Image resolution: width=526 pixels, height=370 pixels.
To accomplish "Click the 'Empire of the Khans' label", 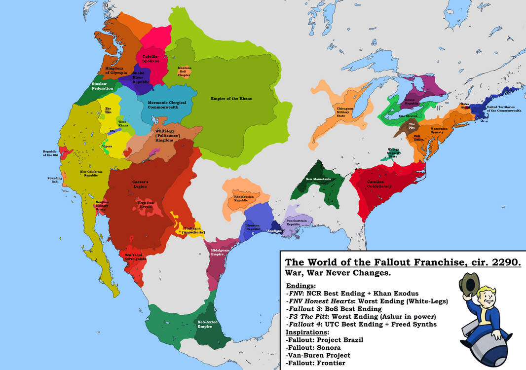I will pos(231,99).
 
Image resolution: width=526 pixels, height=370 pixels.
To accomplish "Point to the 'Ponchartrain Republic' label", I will pos(297,222).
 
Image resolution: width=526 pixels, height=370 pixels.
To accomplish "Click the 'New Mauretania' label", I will pos(318,179).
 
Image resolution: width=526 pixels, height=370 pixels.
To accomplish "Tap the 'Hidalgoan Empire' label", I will pos(221,253).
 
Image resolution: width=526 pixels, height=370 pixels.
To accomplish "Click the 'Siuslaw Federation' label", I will pos(102,86).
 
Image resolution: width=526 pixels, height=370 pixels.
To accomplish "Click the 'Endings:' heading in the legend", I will pos(301,286).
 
